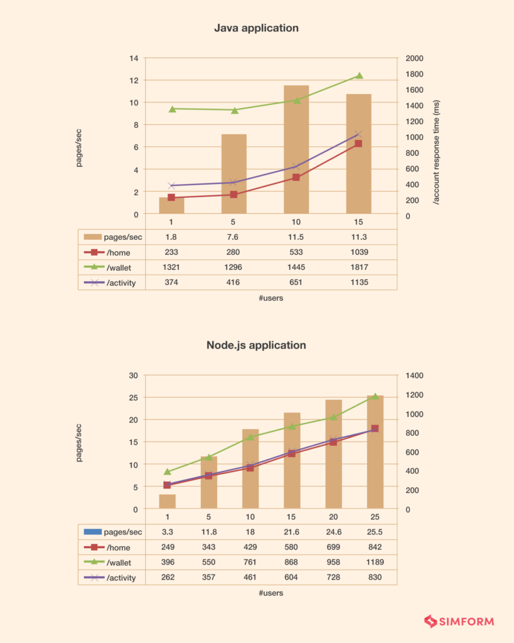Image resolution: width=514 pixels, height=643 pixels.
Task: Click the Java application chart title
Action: [x=256, y=28]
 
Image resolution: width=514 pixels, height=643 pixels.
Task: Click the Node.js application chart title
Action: [x=256, y=345]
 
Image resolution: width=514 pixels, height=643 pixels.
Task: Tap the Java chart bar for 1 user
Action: [x=171, y=205]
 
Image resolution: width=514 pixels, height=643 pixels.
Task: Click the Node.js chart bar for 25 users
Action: [x=375, y=452]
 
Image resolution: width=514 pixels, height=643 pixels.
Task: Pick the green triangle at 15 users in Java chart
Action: [x=360, y=76]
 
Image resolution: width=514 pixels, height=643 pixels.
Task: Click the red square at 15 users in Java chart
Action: [x=358, y=144]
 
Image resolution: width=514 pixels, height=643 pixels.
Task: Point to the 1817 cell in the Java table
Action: [x=358, y=267]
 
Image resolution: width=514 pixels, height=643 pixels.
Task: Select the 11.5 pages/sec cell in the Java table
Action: [x=296, y=237]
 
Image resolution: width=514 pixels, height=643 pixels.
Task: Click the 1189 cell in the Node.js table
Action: [x=375, y=562]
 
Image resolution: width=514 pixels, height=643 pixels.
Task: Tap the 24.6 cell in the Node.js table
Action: [x=333, y=532]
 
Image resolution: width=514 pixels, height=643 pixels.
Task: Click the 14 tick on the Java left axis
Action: [x=134, y=58]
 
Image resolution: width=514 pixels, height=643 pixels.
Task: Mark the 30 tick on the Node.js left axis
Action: [x=134, y=376]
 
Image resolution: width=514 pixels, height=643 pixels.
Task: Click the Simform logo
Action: [x=459, y=622]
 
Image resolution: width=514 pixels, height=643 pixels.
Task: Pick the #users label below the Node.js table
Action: [x=270, y=593]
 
